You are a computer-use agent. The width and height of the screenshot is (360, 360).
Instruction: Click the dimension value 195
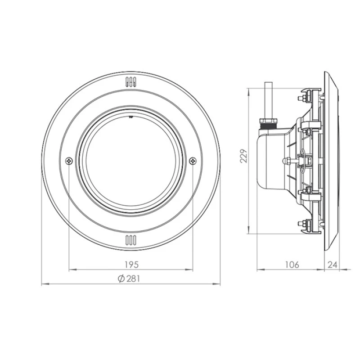point(131,264)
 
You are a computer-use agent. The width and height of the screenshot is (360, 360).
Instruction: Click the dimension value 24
point(332,265)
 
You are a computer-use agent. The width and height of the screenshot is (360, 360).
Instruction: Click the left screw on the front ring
point(68,160)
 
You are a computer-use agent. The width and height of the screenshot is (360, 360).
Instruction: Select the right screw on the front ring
point(193,160)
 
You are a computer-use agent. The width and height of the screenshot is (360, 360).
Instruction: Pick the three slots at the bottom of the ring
point(130,239)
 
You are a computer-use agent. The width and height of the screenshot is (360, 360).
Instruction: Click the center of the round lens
point(130,161)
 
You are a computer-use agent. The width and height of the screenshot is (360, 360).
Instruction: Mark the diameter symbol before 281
point(121,279)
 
